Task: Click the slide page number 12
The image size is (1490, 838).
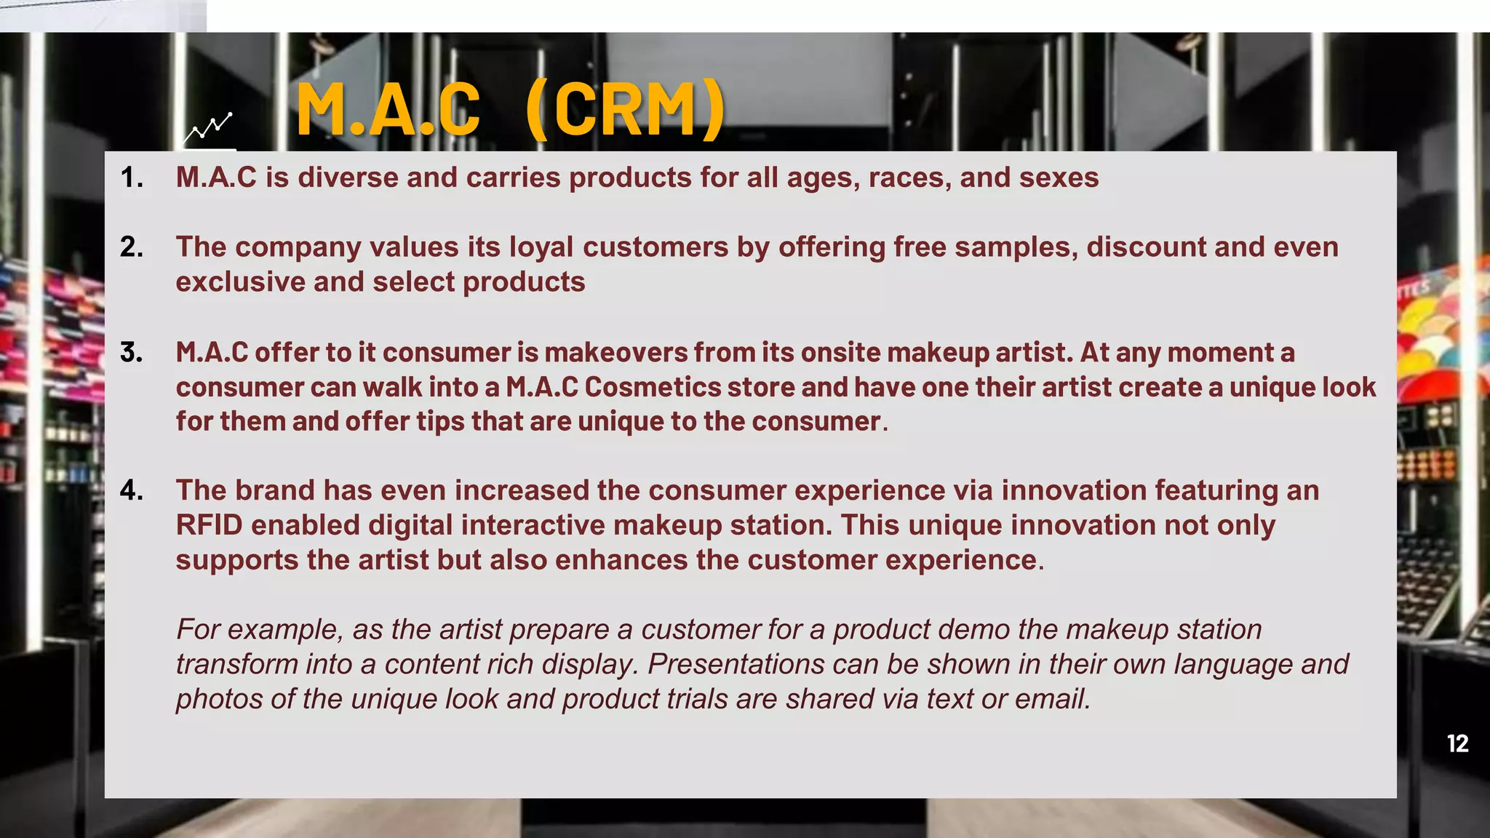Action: (1457, 743)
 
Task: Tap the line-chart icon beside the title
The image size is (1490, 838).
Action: (208, 128)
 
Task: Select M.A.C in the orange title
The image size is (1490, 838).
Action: (389, 111)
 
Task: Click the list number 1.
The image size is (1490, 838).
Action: (131, 178)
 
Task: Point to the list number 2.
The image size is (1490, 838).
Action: (131, 247)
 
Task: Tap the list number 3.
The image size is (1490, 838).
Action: (131, 353)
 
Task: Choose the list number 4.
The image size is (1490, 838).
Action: (131, 491)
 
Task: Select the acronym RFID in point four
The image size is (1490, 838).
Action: (210, 525)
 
